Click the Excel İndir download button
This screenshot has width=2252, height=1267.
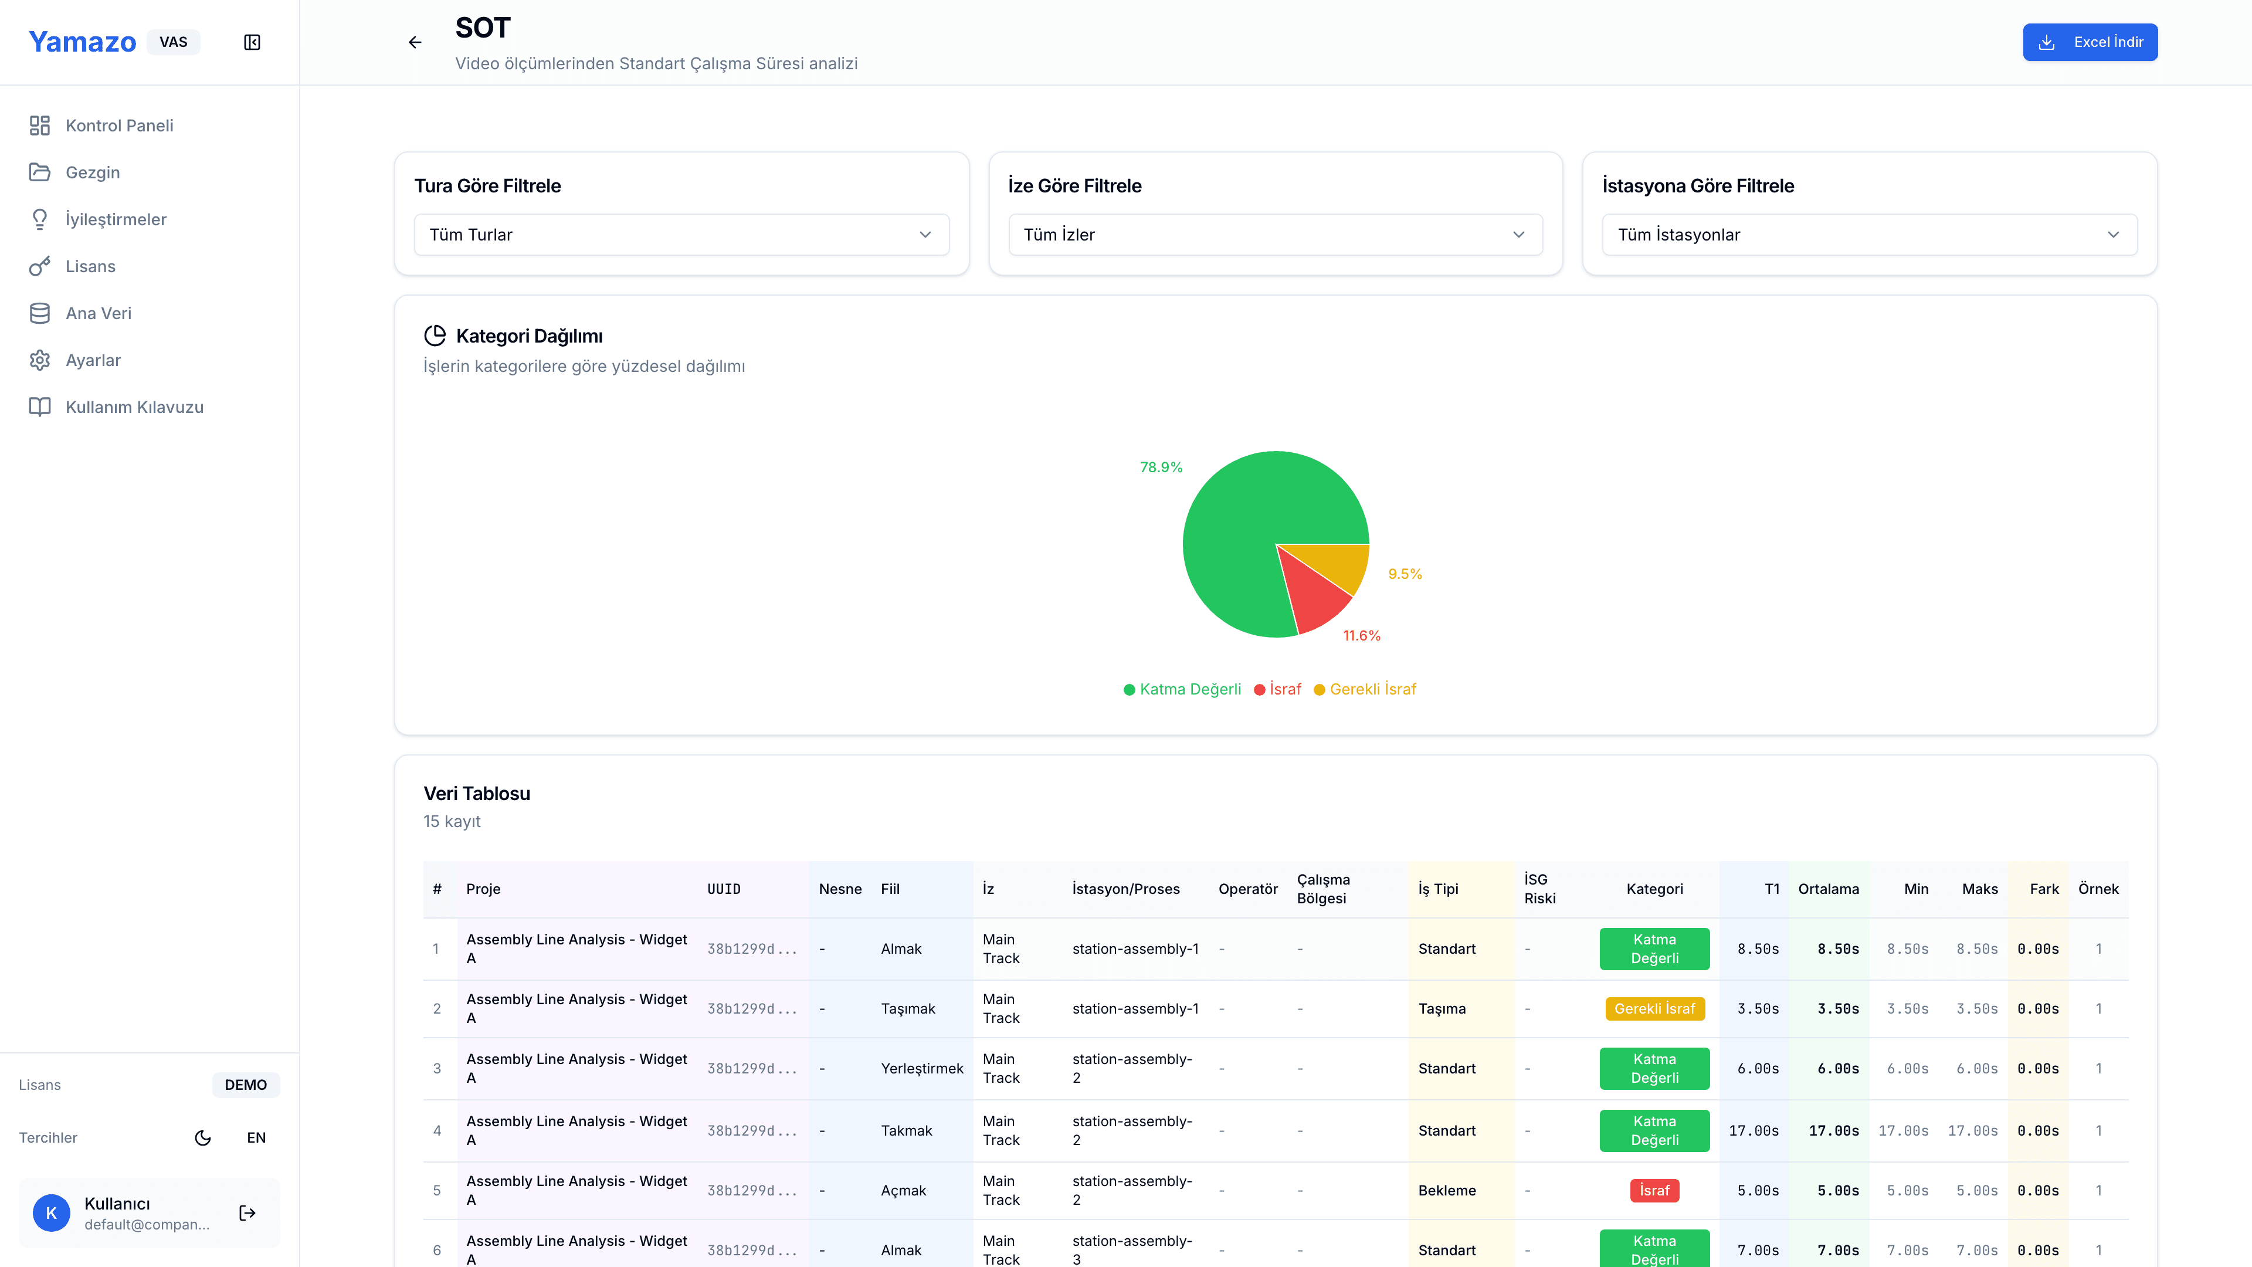[2090, 42]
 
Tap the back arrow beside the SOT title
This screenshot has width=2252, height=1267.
[415, 42]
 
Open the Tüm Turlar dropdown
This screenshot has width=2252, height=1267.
[681, 235]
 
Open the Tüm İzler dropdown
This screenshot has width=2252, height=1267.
[1274, 235]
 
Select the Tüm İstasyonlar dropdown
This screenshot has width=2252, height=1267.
[1869, 235]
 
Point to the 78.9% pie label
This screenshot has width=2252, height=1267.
[1160, 467]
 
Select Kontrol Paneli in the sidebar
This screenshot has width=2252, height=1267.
[119, 125]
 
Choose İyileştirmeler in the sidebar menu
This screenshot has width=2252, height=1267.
[116, 219]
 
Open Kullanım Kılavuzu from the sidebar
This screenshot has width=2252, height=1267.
[134, 406]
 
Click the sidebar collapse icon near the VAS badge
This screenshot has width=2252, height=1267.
[252, 42]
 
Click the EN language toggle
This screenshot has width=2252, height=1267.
[256, 1137]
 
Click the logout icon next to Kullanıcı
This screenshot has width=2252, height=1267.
[247, 1213]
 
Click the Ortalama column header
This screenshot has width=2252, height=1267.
[1828, 889]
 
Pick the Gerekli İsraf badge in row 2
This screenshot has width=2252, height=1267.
[1654, 1008]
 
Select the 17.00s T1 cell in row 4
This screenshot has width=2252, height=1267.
[1754, 1130]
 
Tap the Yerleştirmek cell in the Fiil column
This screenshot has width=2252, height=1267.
[921, 1069]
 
